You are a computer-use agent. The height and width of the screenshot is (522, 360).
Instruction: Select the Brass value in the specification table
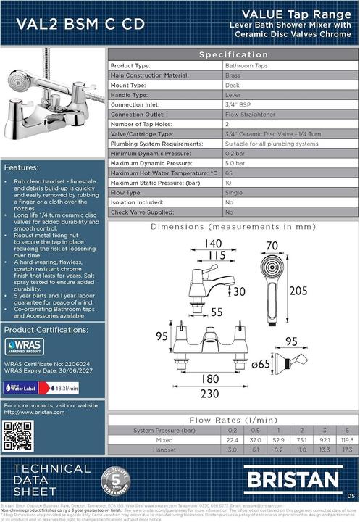[233, 75]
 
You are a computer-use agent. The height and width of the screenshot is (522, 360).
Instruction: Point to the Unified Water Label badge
[21, 387]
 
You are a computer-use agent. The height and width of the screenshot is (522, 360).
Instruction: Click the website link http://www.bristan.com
[35, 412]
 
